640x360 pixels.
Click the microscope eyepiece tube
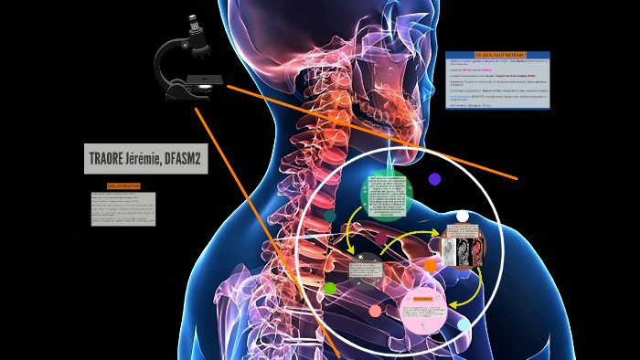pyautogui.click(x=196, y=31)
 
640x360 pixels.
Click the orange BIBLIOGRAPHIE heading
pyautogui.click(x=123, y=185)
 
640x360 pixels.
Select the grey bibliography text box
pyautogui.click(x=123, y=208)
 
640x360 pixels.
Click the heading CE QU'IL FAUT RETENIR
pyautogui.click(x=497, y=56)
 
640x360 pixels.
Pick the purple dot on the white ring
pyautogui.click(x=434, y=179)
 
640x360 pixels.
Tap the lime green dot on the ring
pyautogui.click(x=330, y=289)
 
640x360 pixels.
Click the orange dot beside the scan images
pyautogui.click(x=430, y=266)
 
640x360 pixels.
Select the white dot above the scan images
pyautogui.click(x=463, y=217)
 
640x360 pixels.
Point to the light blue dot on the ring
pyautogui.click(x=464, y=324)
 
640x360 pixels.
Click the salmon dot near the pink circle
pyautogui.click(x=375, y=311)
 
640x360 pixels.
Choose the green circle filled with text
pyautogui.click(x=387, y=197)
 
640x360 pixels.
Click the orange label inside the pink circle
pyautogui.click(x=423, y=299)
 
